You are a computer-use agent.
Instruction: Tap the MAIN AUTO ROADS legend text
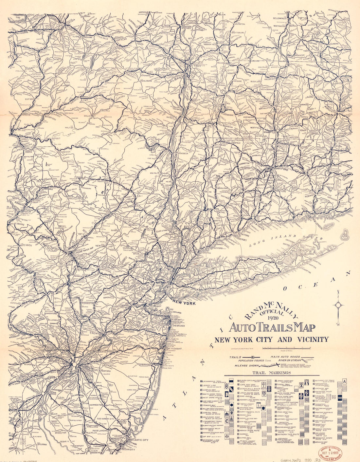285,357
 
